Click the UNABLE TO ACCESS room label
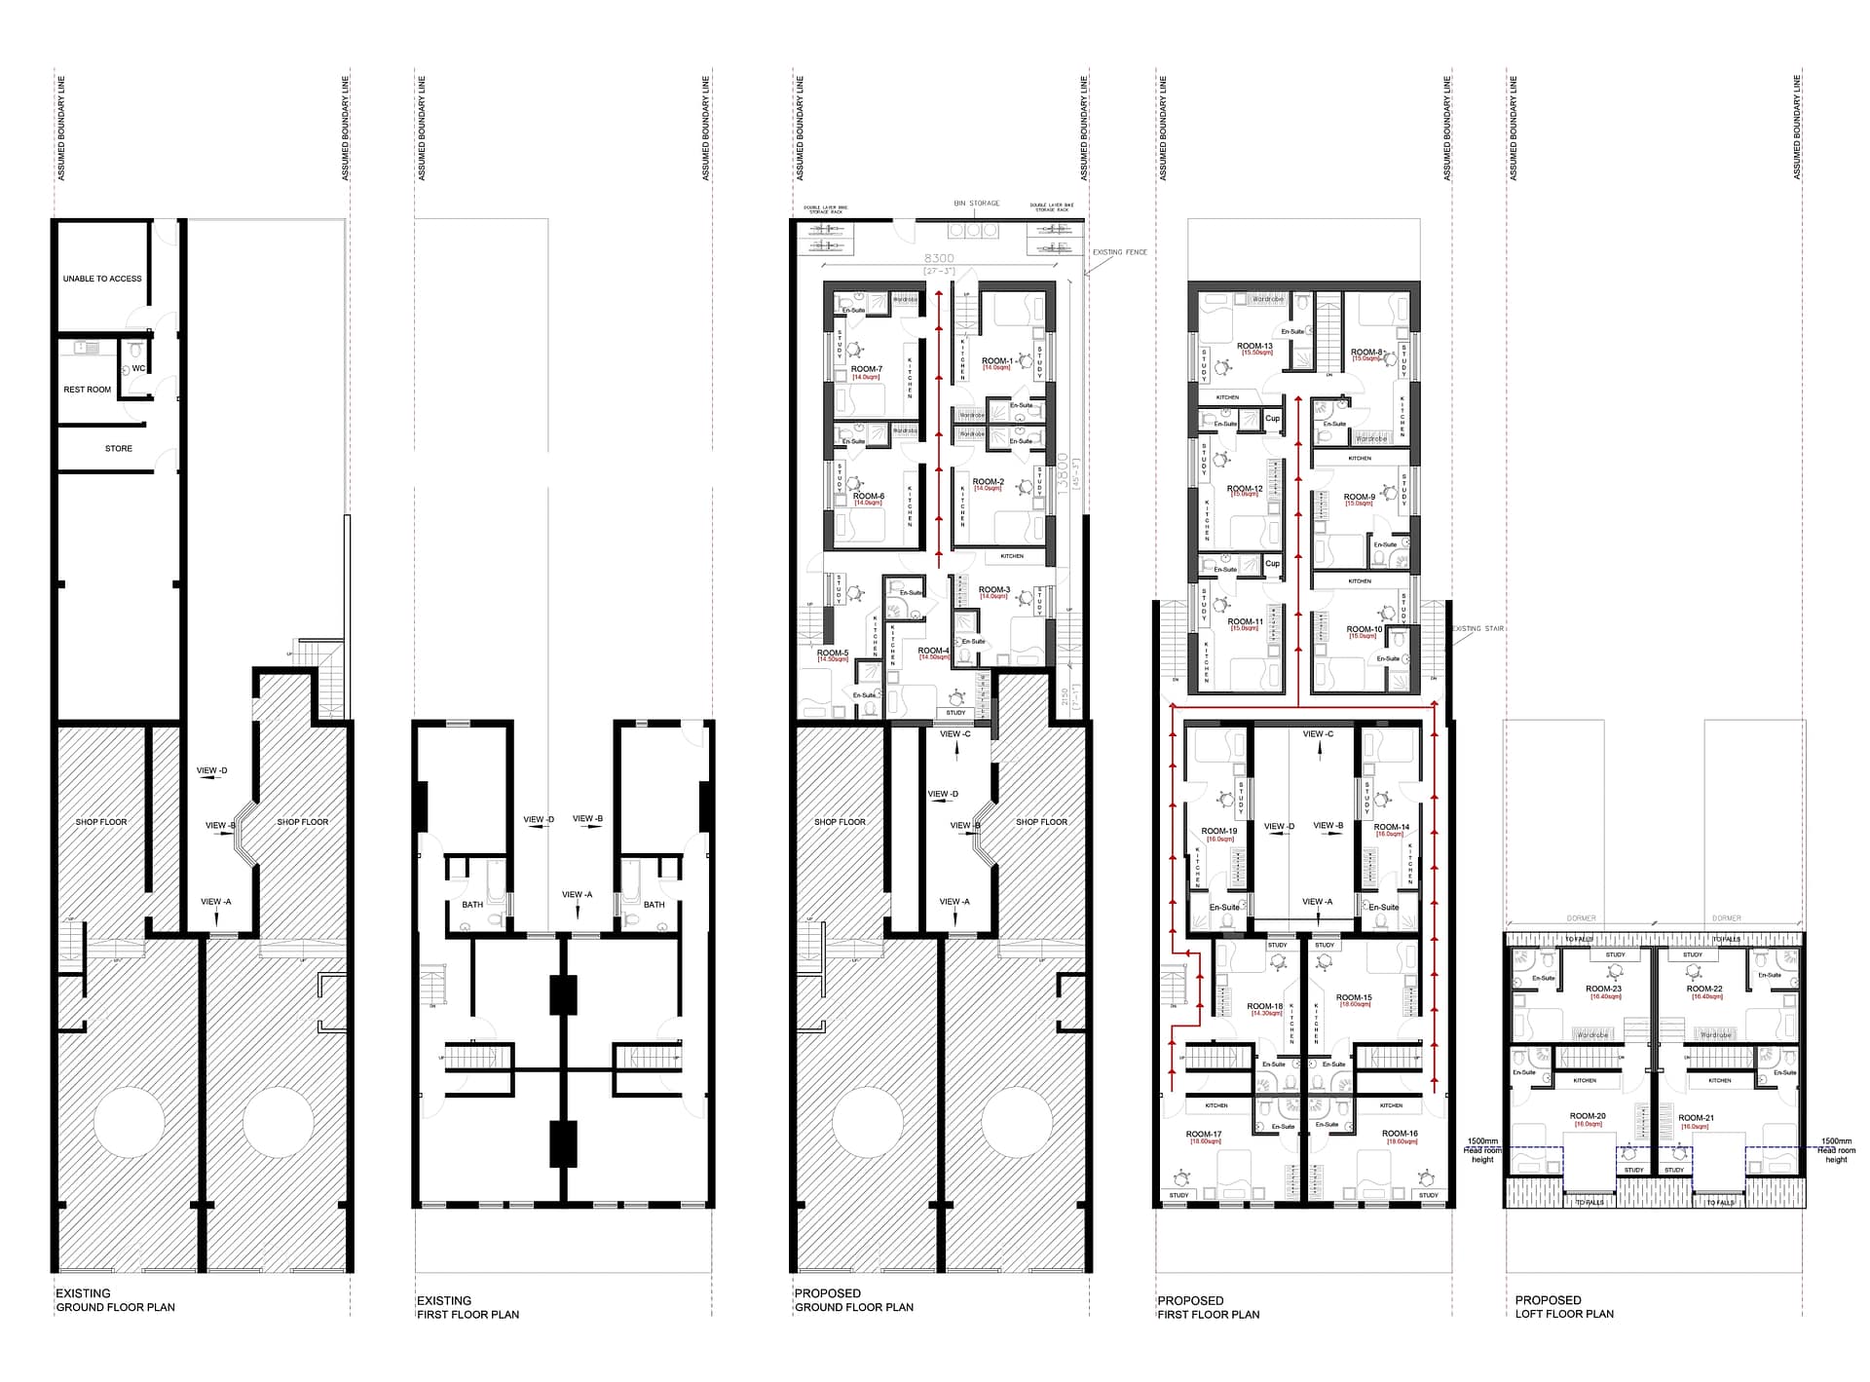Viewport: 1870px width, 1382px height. (102, 279)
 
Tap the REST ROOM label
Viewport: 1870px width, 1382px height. (88, 390)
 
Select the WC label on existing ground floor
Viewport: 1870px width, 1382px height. (138, 368)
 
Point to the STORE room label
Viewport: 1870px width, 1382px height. (119, 449)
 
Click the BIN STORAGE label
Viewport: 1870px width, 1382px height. (977, 204)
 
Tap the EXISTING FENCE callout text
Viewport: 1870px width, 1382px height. (1119, 252)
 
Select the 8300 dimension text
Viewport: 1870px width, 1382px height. (939, 259)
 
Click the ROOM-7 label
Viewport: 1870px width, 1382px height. (866, 369)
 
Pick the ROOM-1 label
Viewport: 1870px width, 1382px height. (996, 361)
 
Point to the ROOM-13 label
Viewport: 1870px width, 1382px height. (1254, 346)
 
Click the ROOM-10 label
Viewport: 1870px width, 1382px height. (1365, 629)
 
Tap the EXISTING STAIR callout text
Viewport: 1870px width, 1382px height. (1477, 629)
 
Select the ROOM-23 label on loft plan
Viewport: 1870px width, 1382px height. (1603, 989)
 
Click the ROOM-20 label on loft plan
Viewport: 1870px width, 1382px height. (1588, 1116)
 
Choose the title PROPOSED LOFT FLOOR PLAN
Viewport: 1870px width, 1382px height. (1564, 1307)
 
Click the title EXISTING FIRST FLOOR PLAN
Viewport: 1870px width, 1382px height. (467, 1307)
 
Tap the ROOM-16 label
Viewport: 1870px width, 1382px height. (1400, 1134)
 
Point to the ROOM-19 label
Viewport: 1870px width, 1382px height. (1219, 832)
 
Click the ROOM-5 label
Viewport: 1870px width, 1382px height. (833, 654)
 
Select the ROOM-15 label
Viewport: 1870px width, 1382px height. (1354, 997)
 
